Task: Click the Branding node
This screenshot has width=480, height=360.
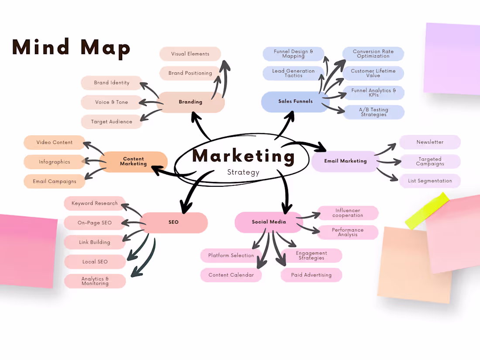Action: tap(191, 102)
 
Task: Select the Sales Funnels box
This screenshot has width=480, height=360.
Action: tap(295, 101)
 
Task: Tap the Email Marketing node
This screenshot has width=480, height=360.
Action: tap(345, 161)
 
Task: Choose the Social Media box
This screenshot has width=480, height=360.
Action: tap(269, 222)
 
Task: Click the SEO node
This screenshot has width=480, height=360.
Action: tap(174, 222)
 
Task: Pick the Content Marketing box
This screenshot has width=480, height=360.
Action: tap(134, 161)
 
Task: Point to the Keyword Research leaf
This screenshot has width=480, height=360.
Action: tap(95, 203)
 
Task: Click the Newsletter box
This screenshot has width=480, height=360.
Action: tap(430, 142)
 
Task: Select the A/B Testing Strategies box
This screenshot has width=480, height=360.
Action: tap(374, 112)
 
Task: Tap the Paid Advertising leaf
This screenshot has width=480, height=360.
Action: tap(311, 275)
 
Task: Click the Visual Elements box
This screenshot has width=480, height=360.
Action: tap(190, 54)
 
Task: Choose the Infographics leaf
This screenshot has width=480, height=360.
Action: tap(55, 162)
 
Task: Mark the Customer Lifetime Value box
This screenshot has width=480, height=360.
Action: tap(373, 73)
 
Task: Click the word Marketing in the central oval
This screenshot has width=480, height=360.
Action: tap(243, 156)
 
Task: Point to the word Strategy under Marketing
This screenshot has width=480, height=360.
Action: tap(243, 172)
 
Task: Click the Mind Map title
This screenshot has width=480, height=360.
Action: tap(71, 47)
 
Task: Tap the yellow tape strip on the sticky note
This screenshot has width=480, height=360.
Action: tap(427, 211)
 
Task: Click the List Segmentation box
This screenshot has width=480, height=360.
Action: tap(430, 181)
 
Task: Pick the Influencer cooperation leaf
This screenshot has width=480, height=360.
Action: tap(347, 213)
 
